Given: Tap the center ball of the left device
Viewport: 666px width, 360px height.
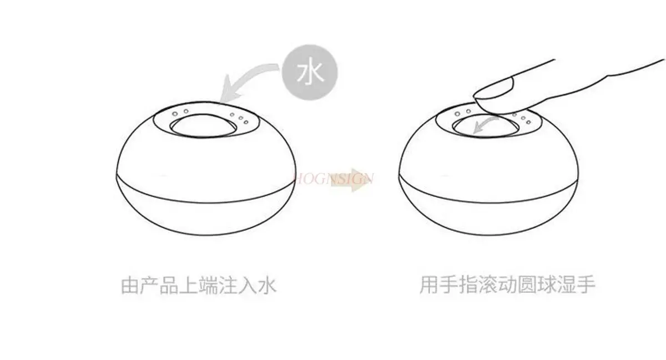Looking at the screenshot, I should click(x=203, y=126).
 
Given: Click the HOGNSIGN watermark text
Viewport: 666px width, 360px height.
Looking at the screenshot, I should click(x=339, y=178).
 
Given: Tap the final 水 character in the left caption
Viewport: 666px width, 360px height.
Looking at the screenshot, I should click(x=266, y=285).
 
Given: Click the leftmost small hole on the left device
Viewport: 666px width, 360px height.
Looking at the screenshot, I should click(x=174, y=113).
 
